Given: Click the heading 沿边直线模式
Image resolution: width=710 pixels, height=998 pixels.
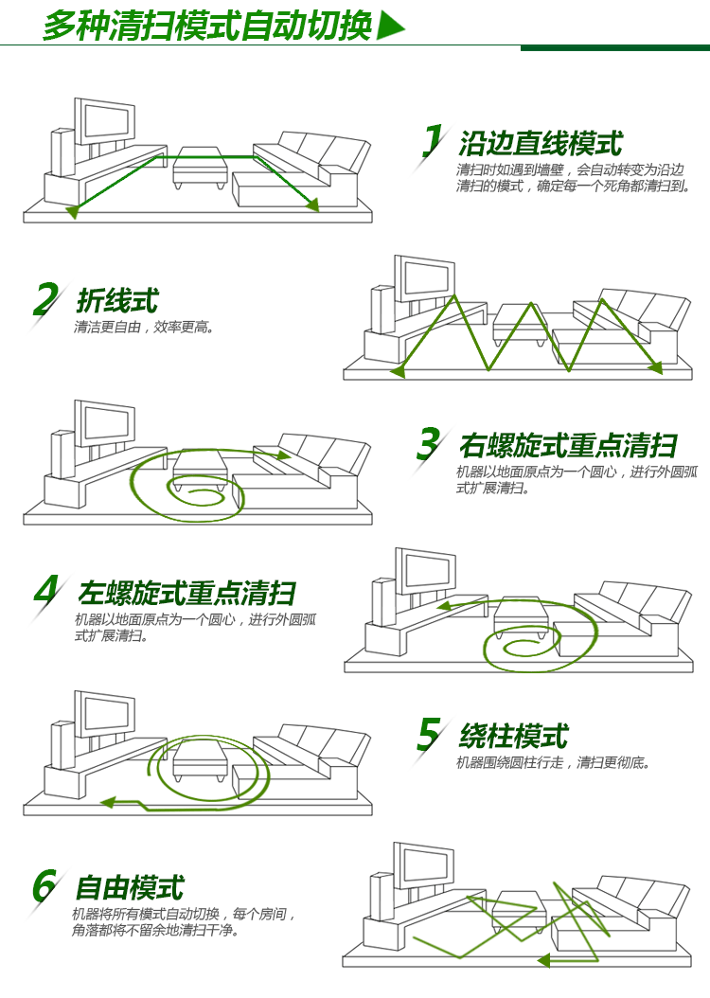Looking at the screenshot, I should tap(541, 144).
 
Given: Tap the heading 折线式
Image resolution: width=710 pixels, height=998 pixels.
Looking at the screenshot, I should tap(116, 301).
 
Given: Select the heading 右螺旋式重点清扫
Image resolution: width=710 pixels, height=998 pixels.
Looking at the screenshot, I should tap(567, 445).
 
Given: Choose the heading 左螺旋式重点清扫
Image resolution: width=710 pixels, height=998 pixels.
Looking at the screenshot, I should tap(186, 593).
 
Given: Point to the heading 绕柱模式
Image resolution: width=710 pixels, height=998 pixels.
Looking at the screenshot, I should tap(513, 736).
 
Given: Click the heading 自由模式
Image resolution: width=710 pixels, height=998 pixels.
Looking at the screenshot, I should tap(129, 888).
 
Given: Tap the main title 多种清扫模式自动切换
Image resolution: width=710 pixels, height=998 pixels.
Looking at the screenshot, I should tap(207, 26).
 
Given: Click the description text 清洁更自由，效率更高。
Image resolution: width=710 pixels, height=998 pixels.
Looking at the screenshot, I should tap(144, 328).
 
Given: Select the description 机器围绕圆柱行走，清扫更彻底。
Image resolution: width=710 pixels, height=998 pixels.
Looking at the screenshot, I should tap(554, 762).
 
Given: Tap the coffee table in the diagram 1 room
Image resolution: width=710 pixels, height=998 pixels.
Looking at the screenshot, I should tap(200, 167).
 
